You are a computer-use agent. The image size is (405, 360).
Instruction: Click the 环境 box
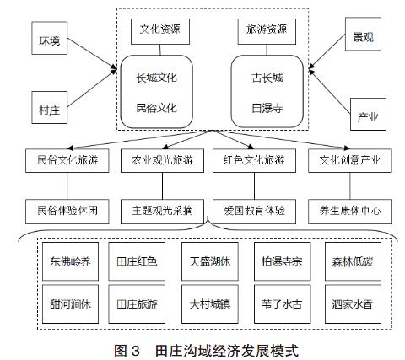(x=50, y=38)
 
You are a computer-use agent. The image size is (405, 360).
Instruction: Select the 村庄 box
(x=50, y=107)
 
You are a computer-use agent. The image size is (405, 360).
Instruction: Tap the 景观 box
(x=363, y=34)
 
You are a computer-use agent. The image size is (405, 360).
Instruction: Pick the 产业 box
(x=368, y=114)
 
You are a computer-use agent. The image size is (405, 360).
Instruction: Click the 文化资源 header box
(x=160, y=31)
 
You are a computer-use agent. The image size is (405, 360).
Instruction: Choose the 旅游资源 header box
(x=267, y=31)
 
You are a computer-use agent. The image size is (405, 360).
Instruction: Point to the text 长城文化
(x=157, y=78)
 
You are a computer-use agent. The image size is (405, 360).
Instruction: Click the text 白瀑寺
(x=267, y=108)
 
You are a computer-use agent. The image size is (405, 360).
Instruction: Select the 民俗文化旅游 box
(x=67, y=160)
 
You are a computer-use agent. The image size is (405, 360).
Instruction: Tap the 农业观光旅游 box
(x=162, y=160)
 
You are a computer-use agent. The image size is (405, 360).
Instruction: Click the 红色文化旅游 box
(x=254, y=160)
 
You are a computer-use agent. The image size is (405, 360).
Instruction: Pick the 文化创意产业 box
(x=350, y=160)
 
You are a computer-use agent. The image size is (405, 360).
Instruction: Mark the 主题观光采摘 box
(x=162, y=212)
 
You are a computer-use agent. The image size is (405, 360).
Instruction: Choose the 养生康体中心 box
(x=350, y=212)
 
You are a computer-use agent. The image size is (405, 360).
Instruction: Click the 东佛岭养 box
(x=70, y=261)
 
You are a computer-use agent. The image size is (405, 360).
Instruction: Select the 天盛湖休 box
(x=210, y=261)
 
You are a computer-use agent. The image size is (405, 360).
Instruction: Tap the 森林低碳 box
(x=353, y=261)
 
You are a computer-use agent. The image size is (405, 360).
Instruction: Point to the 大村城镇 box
(x=210, y=304)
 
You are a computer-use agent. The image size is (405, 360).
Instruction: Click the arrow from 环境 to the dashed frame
(x=92, y=53)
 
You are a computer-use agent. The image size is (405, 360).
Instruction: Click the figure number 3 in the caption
(x=135, y=351)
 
